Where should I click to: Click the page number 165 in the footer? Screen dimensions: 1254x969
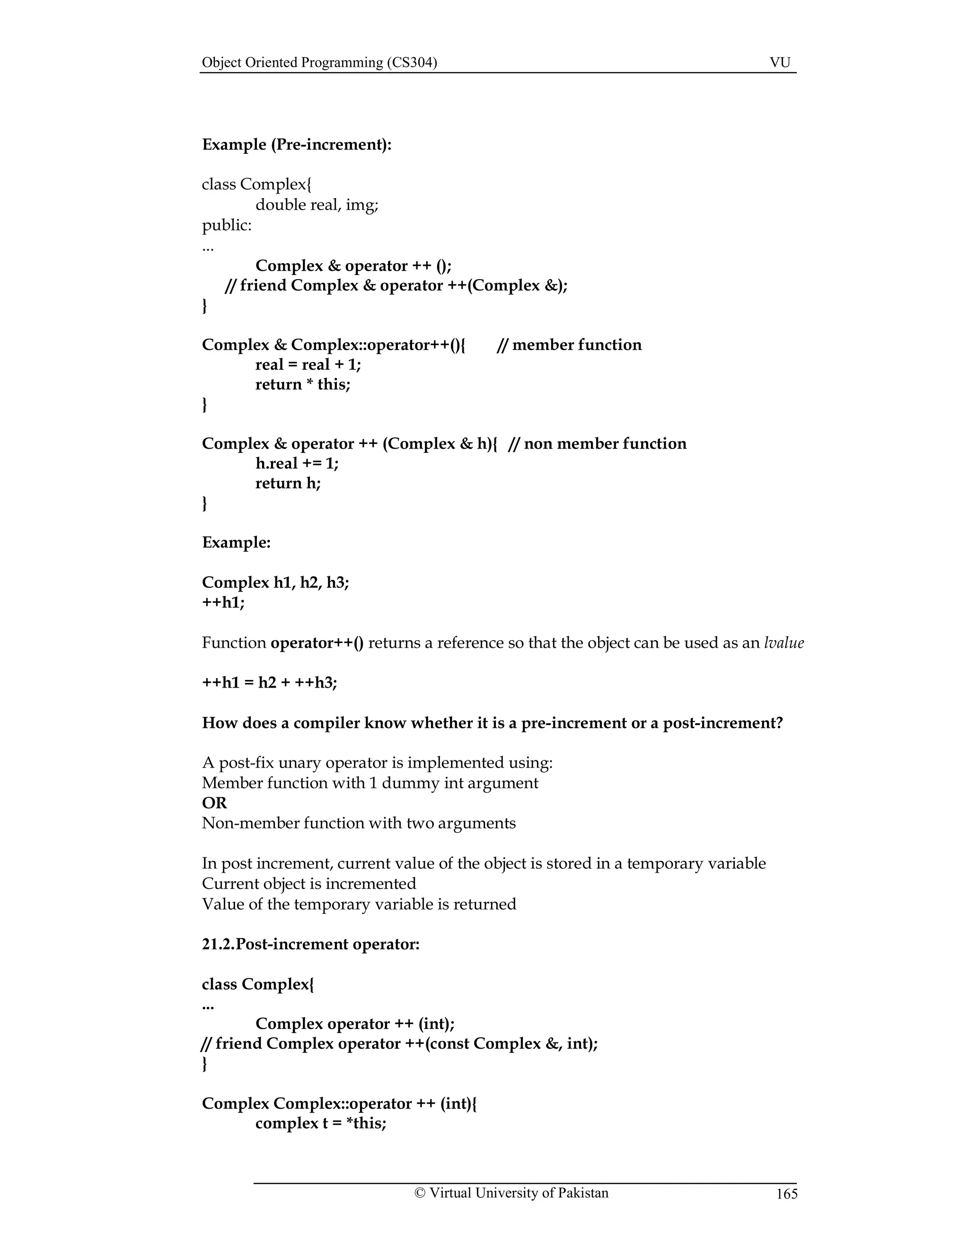[x=786, y=1194]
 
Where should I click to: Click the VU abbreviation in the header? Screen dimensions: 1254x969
[x=780, y=62]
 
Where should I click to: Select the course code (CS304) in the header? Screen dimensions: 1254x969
[x=412, y=62]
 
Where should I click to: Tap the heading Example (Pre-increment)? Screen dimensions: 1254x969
[x=296, y=144]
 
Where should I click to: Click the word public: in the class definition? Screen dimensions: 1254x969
[x=227, y=225]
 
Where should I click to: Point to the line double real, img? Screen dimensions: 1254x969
[x=317, y=204]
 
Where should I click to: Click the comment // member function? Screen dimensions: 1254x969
[x=569, y=344]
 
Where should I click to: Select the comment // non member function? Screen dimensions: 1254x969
[x=597, y=443]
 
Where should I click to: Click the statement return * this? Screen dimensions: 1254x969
[x=302, y=384]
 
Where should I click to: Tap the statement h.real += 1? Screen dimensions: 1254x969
[x=297, y=463]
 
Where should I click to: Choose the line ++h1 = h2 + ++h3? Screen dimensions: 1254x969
[x=269, y=683]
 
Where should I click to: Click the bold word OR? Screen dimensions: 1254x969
[x=214, y=803]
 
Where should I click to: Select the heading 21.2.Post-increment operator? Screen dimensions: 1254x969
[x=310, y=944]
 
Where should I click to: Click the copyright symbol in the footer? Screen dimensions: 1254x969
[x=420, y=1193]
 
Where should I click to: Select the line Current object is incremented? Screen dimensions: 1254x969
[x=309, y=883]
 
